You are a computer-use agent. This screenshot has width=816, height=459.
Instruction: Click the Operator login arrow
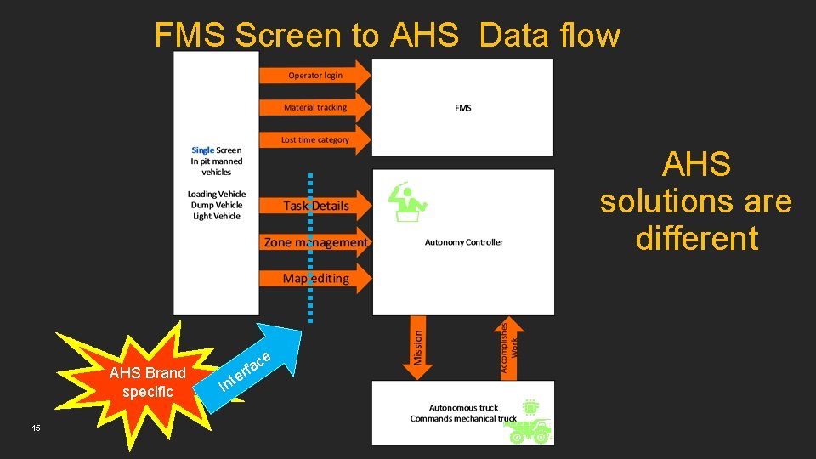[x=315, y=75]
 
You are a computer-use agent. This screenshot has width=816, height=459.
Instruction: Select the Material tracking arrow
[x=315, y=107]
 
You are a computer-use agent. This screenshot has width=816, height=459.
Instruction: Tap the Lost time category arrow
[x=315, y=139]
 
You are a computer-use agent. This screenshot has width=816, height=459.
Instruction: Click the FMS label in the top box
[x=463, y=108]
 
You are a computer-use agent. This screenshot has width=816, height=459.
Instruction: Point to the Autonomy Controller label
[x=464, y=242]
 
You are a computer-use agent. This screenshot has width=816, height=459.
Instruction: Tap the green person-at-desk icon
[x=407, y=202]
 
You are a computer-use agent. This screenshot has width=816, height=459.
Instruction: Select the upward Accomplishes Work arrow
[x=508, y=347]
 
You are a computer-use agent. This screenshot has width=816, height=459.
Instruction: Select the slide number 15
[x=36, y=428]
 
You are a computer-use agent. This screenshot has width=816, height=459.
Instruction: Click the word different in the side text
[x=696, y=239]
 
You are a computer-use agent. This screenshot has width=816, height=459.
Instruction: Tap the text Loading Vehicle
[x=216, y=195]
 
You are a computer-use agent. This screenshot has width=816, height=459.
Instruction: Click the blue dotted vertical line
[x=310, y=246]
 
